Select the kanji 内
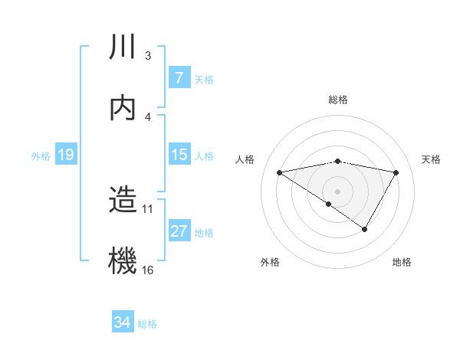tap(123, 108)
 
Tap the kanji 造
tap(123, 201)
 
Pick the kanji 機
tap(123, 260)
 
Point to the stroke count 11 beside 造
tap(148, 208)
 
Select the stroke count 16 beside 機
tap(148, 270)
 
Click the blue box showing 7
tap(179, 78)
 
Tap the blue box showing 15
tap(179, 155)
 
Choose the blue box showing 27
tap(179, 231)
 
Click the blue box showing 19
tap(65, 155)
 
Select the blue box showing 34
tap(122, 323)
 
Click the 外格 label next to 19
tap(41, 156)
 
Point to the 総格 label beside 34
tap(147, 324)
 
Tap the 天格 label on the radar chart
tap(432, 159)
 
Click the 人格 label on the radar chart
tap(245, 159)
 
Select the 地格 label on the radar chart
tap(402, 262)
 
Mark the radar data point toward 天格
tap(396, 172)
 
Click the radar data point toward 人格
tap(280, 172)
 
